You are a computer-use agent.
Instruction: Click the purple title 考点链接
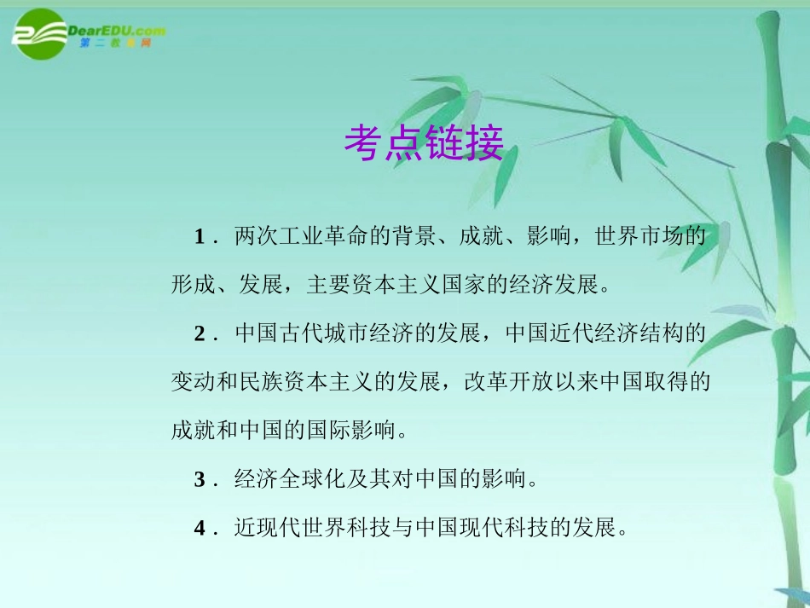point(424,143)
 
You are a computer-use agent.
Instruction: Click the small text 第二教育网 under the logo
point(115,44)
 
